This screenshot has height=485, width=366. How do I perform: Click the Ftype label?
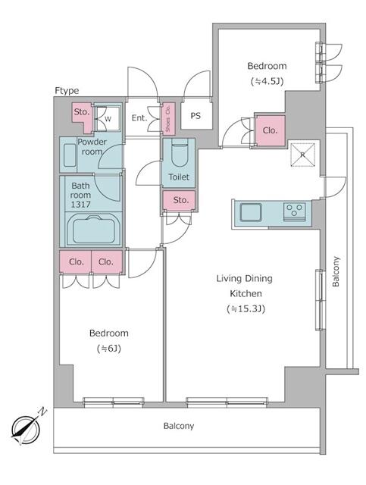tap(67, 91)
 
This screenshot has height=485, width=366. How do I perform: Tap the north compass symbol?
tap(27, 427)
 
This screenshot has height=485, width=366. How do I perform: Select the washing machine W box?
tap(108, 118)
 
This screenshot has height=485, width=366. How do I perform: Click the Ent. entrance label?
tap(139, 118)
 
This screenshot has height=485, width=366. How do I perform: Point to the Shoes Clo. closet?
tap(167, 118)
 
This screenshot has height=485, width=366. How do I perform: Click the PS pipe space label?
tap(196, 116)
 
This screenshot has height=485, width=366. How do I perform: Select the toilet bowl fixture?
tap(179, 156)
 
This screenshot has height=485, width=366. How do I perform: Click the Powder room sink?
tap(67, 157)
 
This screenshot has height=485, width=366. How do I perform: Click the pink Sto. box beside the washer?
tap(81, 114)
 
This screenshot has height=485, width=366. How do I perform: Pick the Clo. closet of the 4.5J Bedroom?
tap(271, 130)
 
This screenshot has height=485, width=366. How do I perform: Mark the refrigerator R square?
tap(302, 155)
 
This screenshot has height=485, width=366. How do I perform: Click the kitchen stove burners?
tap(294, 211)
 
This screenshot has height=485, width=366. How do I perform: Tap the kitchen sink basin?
tap(251, 212)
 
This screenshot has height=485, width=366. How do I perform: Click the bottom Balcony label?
tap(179, 426)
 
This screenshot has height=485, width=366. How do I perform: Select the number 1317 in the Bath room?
tap(81, 204)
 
